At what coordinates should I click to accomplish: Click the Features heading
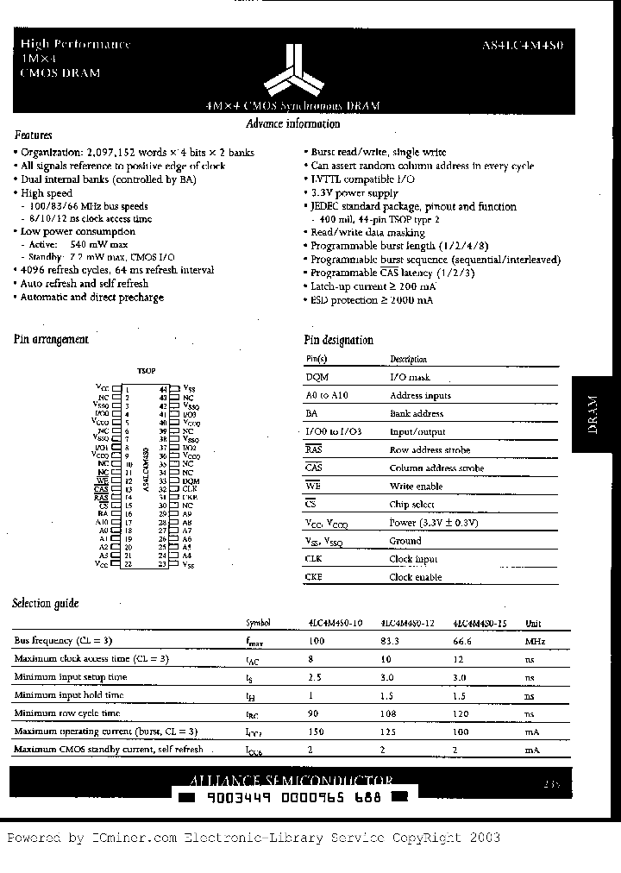click(x=34, y=135)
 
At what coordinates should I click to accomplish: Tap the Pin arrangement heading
click(x=51, y=340)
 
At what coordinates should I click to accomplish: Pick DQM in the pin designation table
click(x=317, y=377)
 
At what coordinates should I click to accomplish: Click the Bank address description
click(x=417, y=414)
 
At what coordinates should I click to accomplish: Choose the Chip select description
click(x=412, y=505)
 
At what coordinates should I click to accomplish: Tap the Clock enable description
click(x=415, y=577)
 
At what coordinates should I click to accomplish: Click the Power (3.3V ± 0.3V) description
click(x=434, y=523)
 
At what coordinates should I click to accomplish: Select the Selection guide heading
click(x=46, y=604)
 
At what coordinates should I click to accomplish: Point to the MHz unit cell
click(x=534, y=641)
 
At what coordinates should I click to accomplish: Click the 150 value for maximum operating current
click(x=318, y=732)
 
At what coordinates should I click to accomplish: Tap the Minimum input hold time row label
click(x=69, y=695)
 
